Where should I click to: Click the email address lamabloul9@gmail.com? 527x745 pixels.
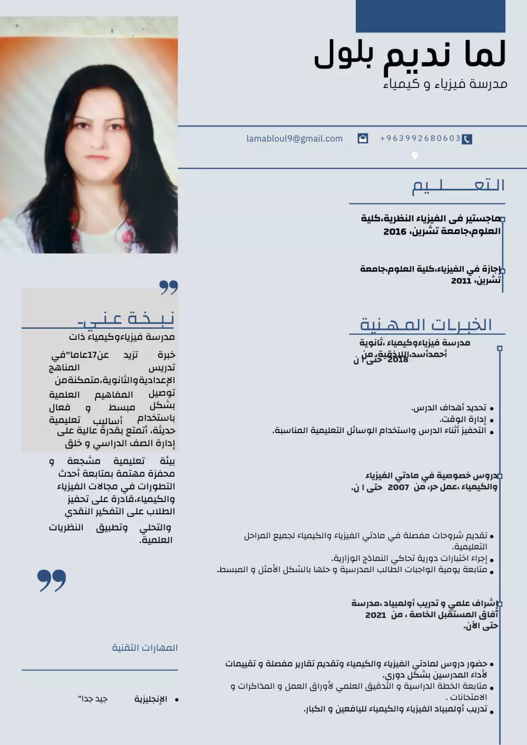coord(294,139)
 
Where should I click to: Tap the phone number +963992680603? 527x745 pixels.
coord(420,138)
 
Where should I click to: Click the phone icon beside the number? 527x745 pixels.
coord(467,139)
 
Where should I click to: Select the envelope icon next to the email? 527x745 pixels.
coord(363,139)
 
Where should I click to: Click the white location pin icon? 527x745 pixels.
coord(415,156)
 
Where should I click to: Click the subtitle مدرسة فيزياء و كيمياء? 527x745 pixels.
coord(445,84)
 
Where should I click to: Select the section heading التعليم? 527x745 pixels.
coord(458,185)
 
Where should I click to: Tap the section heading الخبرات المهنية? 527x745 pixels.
coord(426,325)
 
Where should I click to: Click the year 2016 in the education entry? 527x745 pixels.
coord(395,232)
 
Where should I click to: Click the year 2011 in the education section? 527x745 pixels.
coord(461,281)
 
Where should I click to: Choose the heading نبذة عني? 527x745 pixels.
coord(126,318)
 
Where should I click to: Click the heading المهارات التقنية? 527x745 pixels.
coord(144,648)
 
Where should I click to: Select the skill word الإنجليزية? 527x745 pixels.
coord(151,699)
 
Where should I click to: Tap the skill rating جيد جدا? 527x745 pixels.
coord(93,699)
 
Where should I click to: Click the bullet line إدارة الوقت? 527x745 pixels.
coord(463,419)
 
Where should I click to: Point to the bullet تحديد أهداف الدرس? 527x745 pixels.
coord(448,408)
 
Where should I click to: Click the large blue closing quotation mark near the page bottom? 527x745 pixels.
coord(52,580)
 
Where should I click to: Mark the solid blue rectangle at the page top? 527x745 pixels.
coord(430,16)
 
